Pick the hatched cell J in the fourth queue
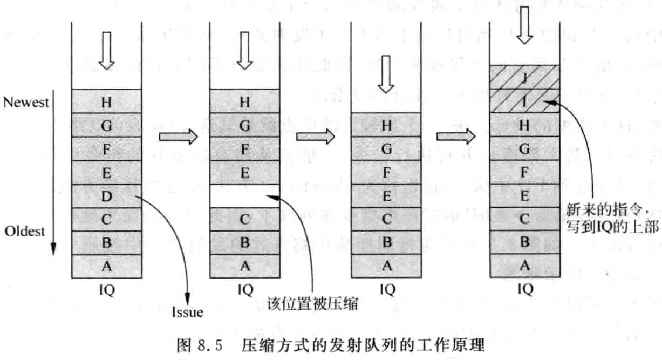[x=525, y=78]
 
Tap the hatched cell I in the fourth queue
[x=525, y=101]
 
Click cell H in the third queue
[x=385, y=125]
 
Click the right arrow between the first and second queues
[x=176, y=137]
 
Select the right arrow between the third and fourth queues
[x=454, y=137]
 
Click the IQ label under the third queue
[x=385, y=289]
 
